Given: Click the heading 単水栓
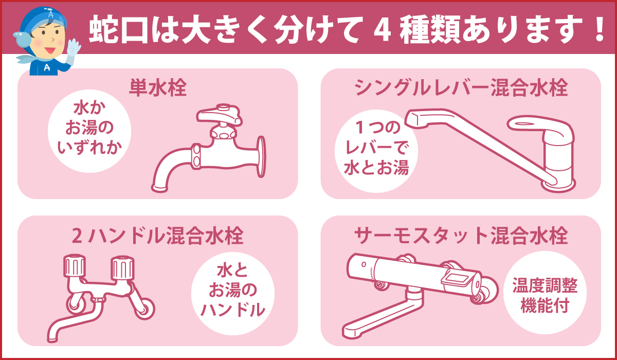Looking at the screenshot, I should click(x=157, y=88).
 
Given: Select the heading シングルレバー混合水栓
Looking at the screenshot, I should click(x=461, y=88).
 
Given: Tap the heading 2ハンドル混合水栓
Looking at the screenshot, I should click(x=157, y=236).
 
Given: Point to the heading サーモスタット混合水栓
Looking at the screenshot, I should click(x=461, y=236).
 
